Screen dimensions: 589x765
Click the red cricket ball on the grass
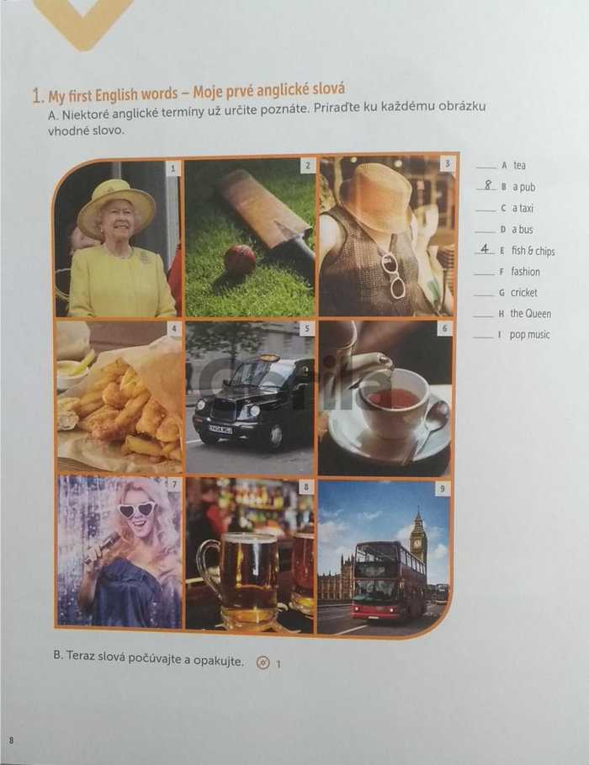click(239, 259)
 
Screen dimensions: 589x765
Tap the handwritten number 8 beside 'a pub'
click(487, 184)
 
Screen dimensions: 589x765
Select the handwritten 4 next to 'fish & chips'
click(485, 248)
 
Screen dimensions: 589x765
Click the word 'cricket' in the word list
click(523, 293)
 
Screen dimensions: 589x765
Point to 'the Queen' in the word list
click(530, 314)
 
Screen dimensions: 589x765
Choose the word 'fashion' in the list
click(526, 272)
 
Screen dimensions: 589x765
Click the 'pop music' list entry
click(529, 335)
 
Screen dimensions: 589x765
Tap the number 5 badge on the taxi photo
click(307, 328)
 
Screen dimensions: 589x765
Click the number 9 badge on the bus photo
click(442, 488)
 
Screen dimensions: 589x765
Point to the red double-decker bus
click(390, 580)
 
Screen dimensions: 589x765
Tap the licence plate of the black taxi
click(220, 428)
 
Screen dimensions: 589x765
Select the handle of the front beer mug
click(209, 565)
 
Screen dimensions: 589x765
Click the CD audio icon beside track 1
click(263, 663)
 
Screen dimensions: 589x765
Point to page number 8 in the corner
click(11, 740)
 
